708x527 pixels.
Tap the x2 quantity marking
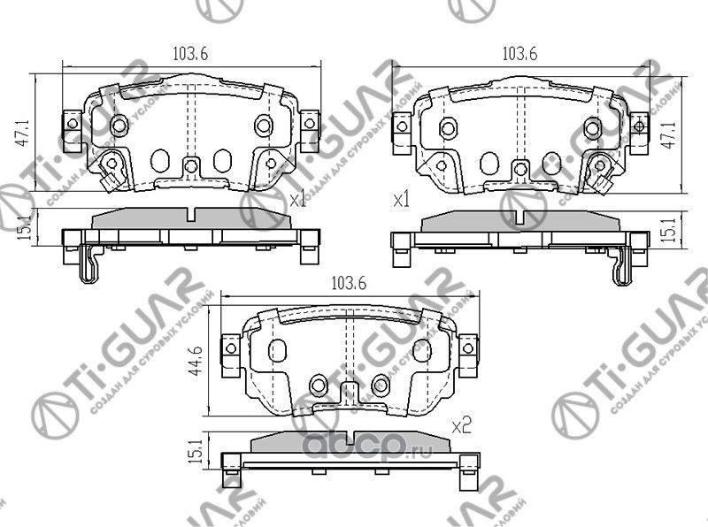pyautogui.click(x=459, y=426)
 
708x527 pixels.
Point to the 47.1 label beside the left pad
pyautogui.click(x=27, y=133)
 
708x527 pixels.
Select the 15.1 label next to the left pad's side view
pyautogui.click(x=27, y=229)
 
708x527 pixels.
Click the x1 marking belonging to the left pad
pyautogui.click(x=297, y=201)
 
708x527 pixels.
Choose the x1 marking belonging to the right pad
pyautogui.click(x=402, y=201)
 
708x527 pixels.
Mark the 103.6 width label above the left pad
pyautogui.click(x=190, y=53)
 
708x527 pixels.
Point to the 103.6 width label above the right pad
pyautogui.click(x=519, y=53)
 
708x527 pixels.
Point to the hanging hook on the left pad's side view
pyautogui.click(x=88, y=266)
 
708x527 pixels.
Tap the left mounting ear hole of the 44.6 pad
pyautogui.click(x=230, y=348)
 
